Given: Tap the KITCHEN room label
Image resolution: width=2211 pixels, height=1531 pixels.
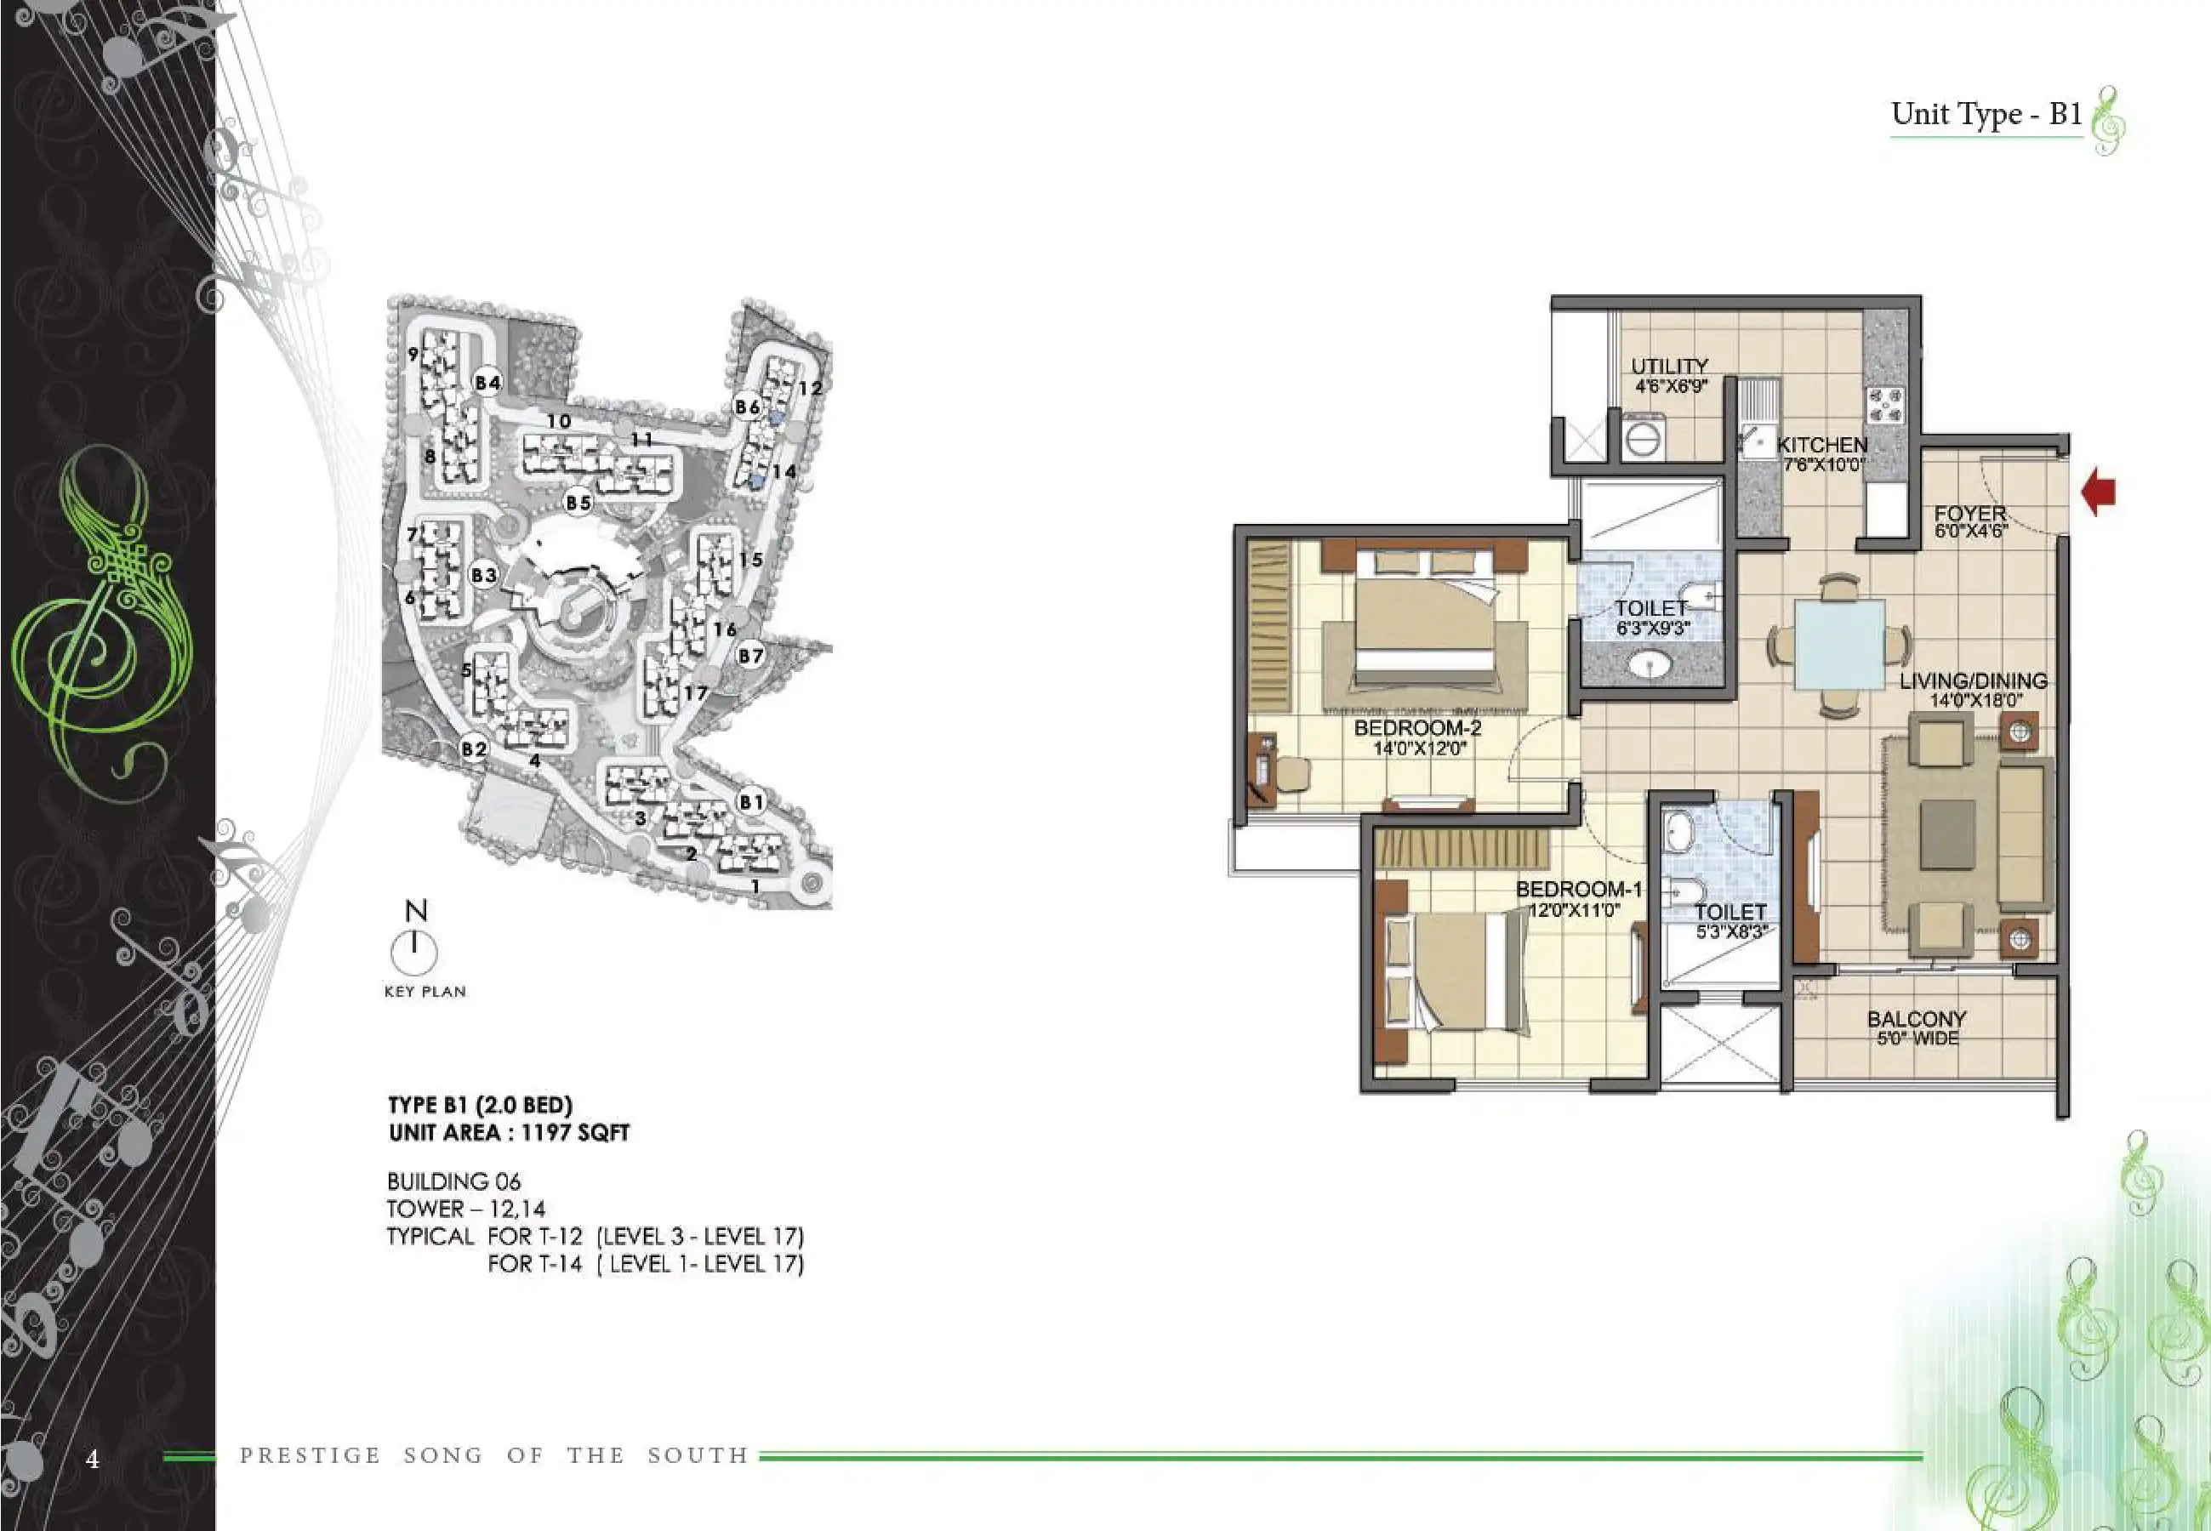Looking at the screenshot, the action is (x=1822, y=445).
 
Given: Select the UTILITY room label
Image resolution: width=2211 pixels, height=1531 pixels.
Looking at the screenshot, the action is (x=1670, y=367).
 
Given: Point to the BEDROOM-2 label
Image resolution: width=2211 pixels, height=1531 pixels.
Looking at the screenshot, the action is (x=1418, y=728).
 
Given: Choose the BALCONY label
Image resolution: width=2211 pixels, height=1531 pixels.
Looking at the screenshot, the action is (x=1917, y=1019).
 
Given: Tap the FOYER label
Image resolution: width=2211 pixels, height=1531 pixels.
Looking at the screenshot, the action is (x=1970, y=513).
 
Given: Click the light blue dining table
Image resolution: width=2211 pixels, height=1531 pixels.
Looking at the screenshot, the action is (x=1840, y=645).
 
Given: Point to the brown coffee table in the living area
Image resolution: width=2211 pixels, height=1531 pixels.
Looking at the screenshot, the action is (x=1948, y=834).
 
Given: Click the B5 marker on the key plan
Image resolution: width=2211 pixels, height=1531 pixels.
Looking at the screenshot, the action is (x=578, y=502).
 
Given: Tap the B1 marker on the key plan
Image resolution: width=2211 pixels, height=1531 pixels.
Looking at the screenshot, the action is (x=752, y=802).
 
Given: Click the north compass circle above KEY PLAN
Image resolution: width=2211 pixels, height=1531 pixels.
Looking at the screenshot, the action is (x=414, y=952).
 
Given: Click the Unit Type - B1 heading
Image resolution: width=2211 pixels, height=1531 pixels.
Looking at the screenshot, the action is (x=1986, y=114).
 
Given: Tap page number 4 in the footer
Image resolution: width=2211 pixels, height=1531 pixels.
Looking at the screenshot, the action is (x=92, y=1459).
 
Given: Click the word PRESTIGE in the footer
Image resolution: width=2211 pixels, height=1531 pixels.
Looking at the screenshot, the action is (x=310, y=1455).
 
